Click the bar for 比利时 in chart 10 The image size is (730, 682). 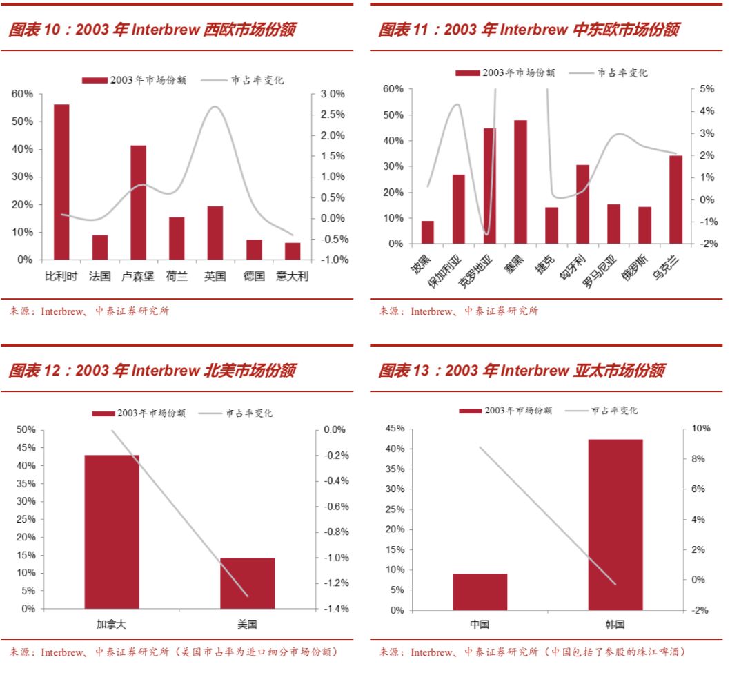pyautogui.click(x=61, y=182)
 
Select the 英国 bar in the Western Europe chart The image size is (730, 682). pyautogui.click(x=215, y=233)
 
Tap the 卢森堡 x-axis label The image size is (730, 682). pyautogui.click(x=138, y=276)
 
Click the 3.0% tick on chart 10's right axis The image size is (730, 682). pyautogui.click(x=332, y=94)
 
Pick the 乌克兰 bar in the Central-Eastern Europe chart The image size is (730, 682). pyautogui.click(x=675, y=199)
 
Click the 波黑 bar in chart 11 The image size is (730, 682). pyautogui.click(x=428, y=232)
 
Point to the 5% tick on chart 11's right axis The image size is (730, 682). pyautogui.click(x=707, y=89)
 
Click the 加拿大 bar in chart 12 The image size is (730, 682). pyautogui.click(x=112, y=532)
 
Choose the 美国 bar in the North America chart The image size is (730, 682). pyautogui.click(x=247, y=583)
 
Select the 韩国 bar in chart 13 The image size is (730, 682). pyautogui.click(x=615, y=525)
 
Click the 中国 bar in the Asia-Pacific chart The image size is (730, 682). pyautogui.click(x=480, y=592)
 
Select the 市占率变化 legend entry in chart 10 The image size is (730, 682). pyautogui.click(x=242, y=80)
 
